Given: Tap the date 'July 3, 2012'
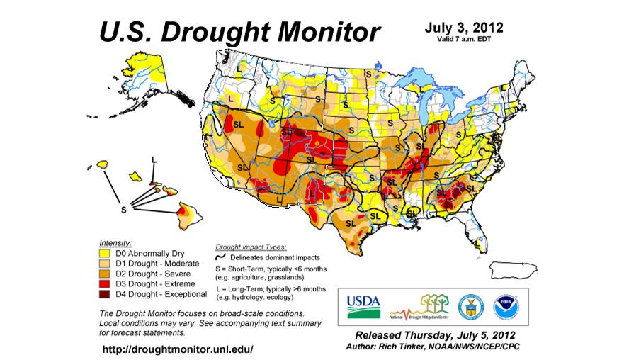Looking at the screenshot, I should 464,28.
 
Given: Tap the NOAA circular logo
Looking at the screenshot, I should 505,305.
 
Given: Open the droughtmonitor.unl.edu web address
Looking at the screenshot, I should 177,349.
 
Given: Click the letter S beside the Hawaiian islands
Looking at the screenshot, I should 123,210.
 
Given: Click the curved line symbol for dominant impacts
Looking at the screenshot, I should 220,257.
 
